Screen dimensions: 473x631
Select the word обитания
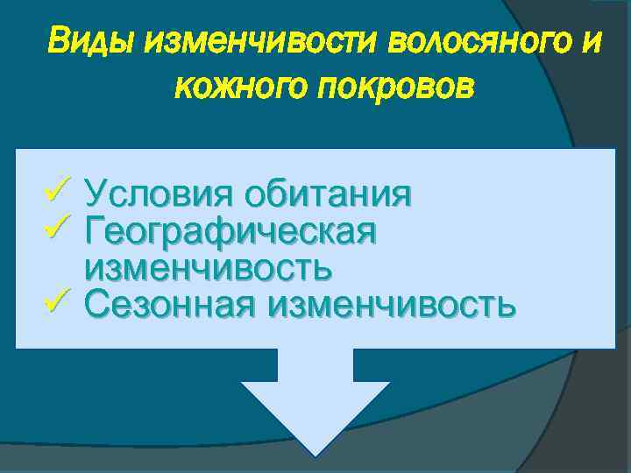(x=328, y=193)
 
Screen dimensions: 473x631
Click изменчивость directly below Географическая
(x=209, y=267)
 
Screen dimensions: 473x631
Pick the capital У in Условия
(x=97, y=193)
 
